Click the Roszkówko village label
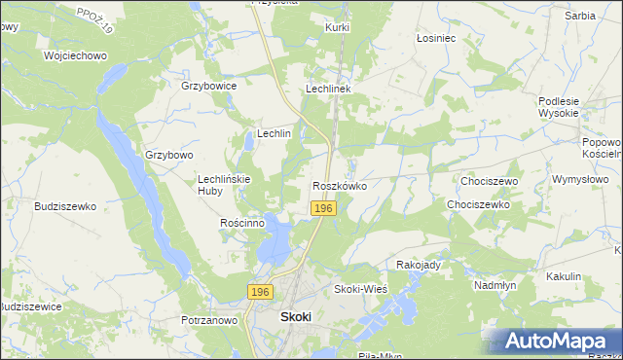339,185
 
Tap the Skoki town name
295,317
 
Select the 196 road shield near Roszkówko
324,209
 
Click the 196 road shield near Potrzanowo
259,292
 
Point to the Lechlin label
274,133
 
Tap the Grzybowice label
209,86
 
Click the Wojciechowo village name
74,55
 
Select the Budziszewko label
64,206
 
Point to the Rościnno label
242,223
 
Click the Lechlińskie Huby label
225,185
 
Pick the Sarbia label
579,16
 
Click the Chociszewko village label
478,205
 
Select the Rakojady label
420,265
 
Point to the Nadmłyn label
494,285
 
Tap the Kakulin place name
563,276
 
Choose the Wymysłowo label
579,179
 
